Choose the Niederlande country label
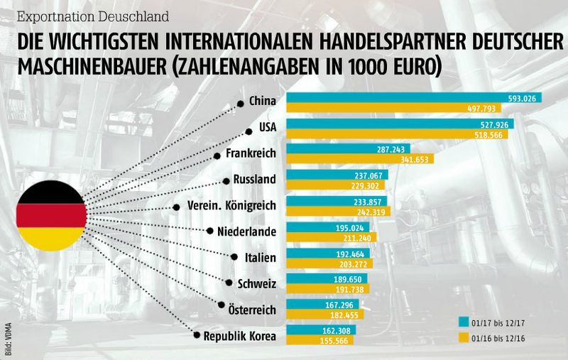(246, 231)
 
